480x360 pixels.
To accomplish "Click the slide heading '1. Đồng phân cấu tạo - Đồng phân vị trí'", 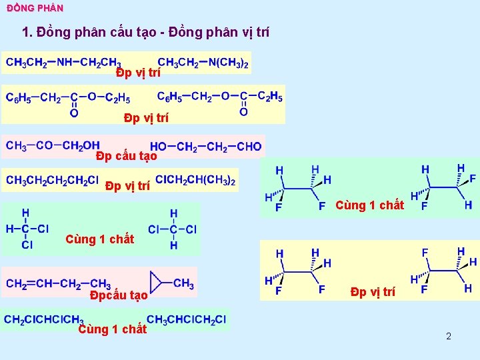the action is coord(146,32).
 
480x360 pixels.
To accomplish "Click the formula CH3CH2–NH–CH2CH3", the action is coord(63,63).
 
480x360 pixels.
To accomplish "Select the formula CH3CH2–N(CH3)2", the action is coord(203,63).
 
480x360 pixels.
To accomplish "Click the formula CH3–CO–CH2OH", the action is coord(53,145).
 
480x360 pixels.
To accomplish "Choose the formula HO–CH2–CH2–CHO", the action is coord(205,147).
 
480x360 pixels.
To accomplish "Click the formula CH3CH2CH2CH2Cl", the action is coord(53,180).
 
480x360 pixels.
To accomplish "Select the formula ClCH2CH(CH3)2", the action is coord(195,180).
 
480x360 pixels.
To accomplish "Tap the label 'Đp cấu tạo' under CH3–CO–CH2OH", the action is coord(126,157).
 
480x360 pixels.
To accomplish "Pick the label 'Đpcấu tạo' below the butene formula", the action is coord(119,295).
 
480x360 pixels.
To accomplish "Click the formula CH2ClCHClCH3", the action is coord(43,319).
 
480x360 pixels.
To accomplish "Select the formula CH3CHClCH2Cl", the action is coord(186,319).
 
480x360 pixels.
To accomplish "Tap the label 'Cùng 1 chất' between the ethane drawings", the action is coord(369,205).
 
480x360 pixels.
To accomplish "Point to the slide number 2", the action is coord(449,336).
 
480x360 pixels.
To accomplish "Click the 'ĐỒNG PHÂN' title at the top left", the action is coord(35,8).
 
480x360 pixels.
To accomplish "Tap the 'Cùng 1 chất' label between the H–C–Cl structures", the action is coord(99,239).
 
